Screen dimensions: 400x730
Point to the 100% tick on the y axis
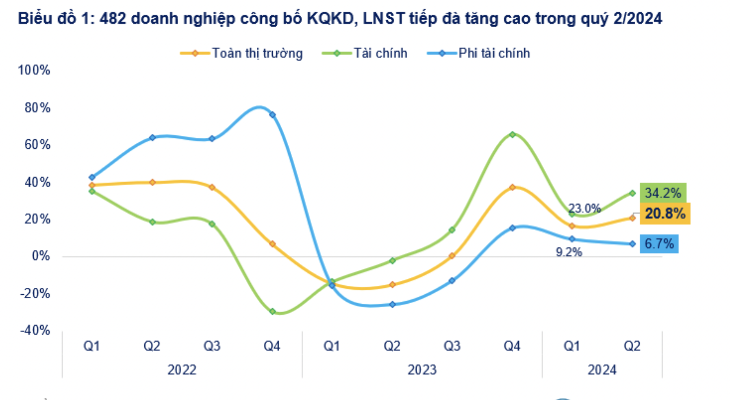(x=34, y=70)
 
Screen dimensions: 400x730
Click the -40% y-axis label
(x=35, y=330)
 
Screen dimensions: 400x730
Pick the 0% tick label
(x=41, y=256)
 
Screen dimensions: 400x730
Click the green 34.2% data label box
(x=663, y=193)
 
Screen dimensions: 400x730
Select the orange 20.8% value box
(x=665, y=213)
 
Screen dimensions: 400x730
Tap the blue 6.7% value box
(x=659, y=243)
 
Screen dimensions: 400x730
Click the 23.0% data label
(x=584, y=209)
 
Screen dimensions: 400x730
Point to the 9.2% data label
(x=569, y=252)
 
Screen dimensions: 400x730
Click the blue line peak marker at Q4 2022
(x=272, y=115)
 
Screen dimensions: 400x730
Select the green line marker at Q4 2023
(x=512, y=135)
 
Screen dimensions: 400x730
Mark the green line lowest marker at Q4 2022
(x=272, y=311)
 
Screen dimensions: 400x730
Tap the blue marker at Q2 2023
(x=392, y=304)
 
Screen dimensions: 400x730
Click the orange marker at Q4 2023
(x=512, y=187)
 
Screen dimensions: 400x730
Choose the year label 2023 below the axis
(x=422, y=370)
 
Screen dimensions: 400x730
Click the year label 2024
(x=602, y=370)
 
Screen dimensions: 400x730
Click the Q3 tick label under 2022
(x=212, y=346)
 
